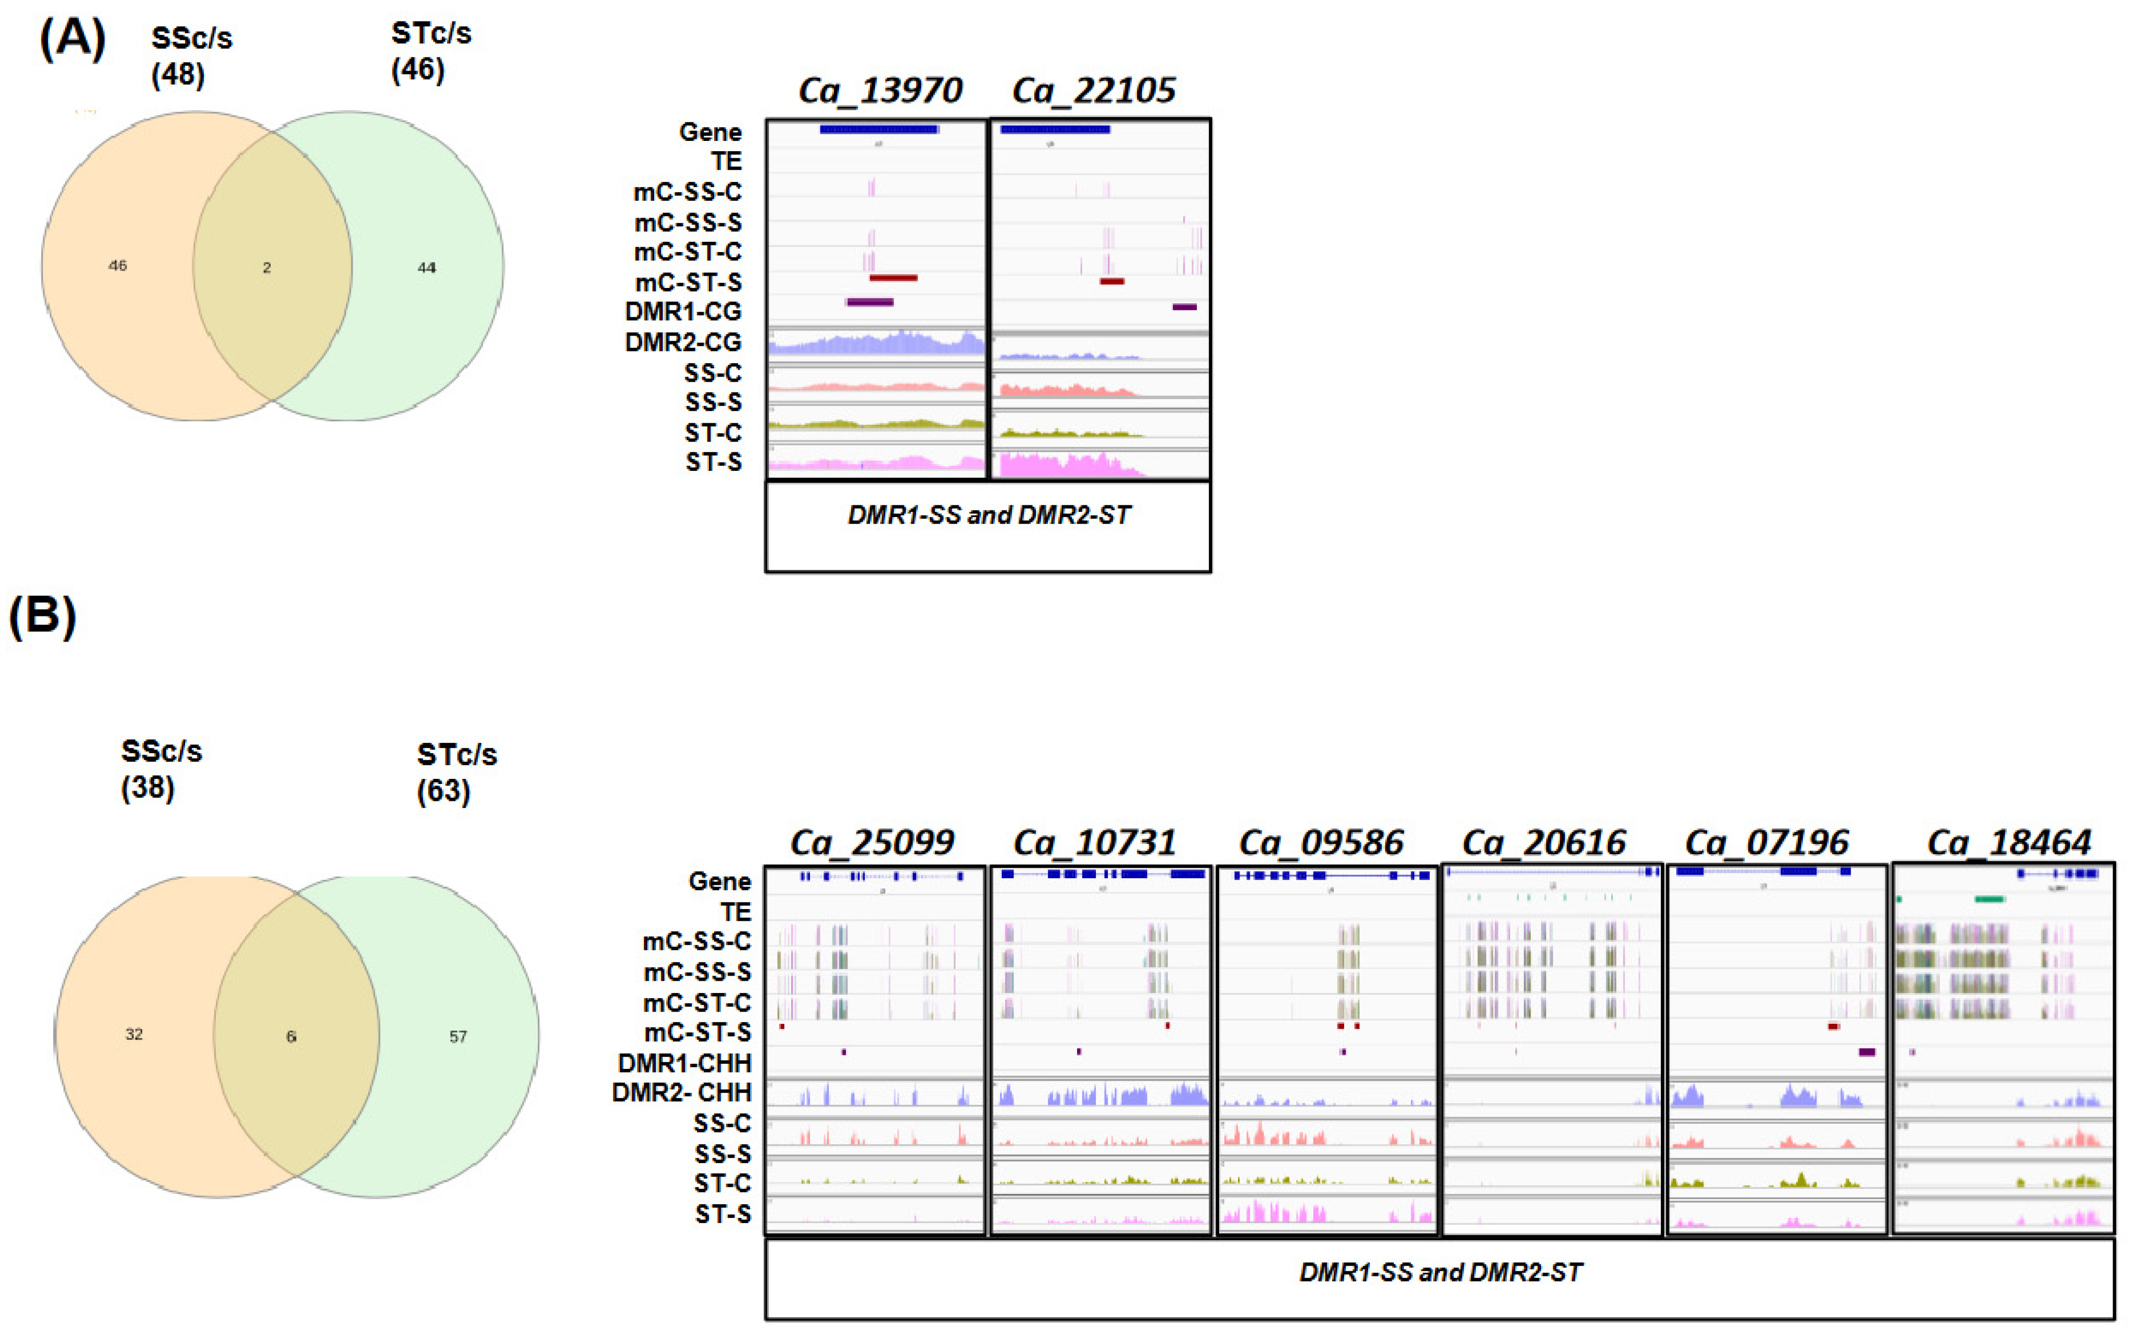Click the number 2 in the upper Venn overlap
click(266, 267)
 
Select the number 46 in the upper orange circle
click(117, 265)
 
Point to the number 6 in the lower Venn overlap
click(291, 1036)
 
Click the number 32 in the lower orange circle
click(134, 1034)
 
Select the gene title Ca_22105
click(1093, 90)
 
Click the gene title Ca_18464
click(2009, 841)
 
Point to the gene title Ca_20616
click(1544, 841)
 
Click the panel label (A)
click(72, 40)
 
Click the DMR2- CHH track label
click(681, 1092)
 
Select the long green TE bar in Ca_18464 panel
click(1990, 899)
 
